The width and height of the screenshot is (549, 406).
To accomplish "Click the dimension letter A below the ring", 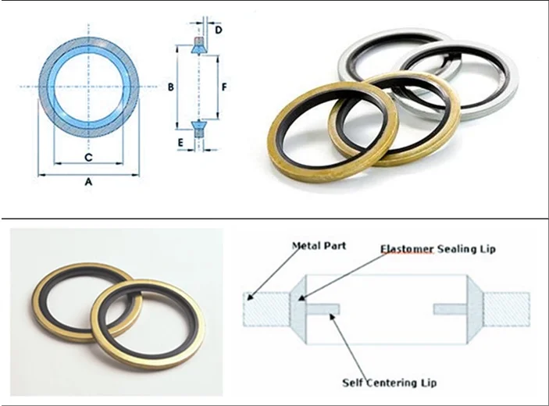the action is (88, 182).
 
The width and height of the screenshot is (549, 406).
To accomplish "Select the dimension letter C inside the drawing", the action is (88, 157).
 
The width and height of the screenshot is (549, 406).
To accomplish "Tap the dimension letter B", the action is (170, 87).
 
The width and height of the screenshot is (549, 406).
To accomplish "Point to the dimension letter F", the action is (224, 87).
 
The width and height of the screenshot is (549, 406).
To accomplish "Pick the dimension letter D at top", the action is (219, 30).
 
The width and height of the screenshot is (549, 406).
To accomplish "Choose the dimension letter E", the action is (180, 143).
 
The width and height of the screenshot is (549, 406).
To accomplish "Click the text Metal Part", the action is (319, 246).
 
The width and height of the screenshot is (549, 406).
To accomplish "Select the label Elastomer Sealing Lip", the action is (438, 249).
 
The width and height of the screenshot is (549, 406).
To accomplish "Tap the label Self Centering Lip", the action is (390, 383).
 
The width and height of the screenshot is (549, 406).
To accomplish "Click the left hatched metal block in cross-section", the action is (267, 309).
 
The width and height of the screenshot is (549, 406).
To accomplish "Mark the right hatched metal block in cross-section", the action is (507, 309).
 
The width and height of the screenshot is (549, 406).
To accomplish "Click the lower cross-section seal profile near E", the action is (198, 129).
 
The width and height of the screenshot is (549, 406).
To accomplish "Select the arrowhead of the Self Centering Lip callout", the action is (332, 315).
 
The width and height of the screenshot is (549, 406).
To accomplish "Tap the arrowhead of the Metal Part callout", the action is (250, 297).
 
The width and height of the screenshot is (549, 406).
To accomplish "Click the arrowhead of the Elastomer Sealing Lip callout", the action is (301, 297).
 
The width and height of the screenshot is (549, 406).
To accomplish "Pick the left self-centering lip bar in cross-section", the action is (323, 309).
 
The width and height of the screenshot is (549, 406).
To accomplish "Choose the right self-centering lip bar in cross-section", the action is (451, 309).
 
